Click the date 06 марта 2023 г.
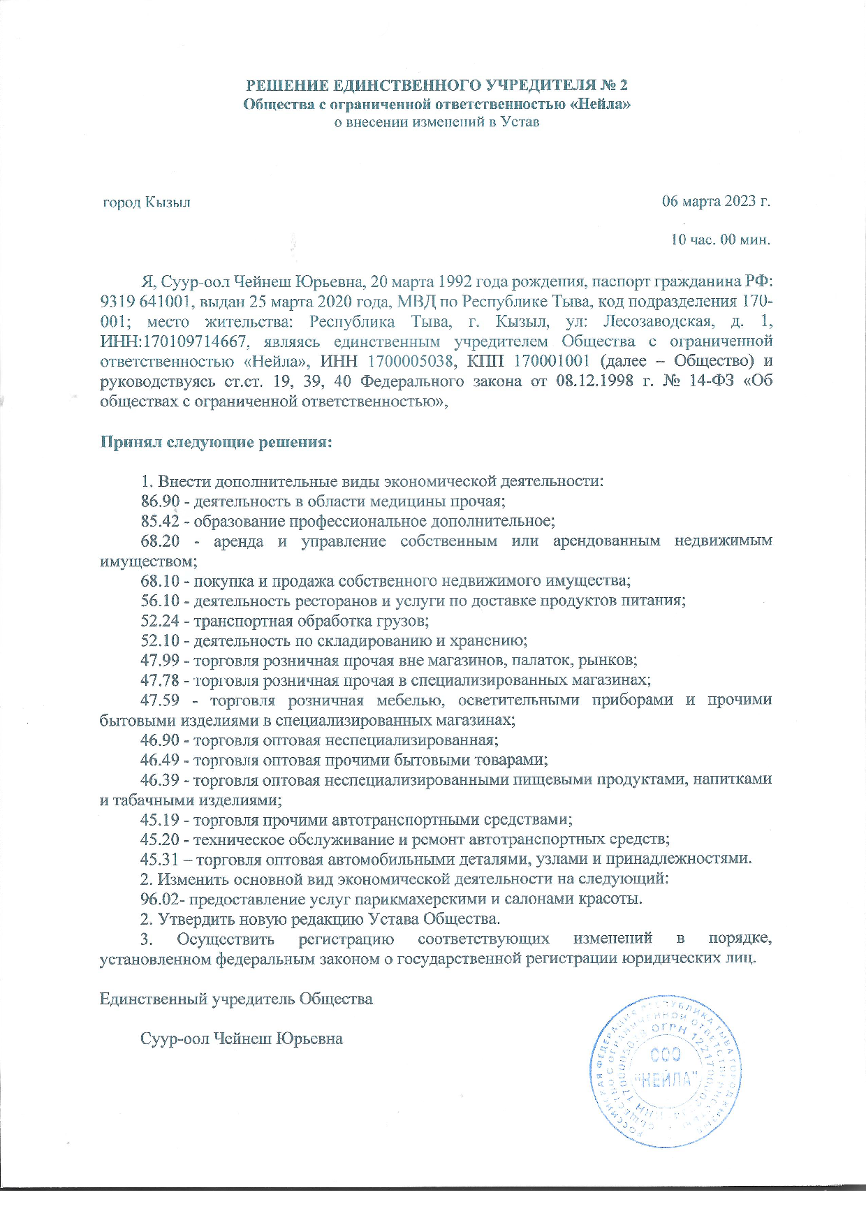point(716,202)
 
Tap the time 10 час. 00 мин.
point(720,240)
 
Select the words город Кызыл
point(147,203)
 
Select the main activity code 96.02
point(160,899)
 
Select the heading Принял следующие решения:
point(215,442)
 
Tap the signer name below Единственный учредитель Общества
point(242,1039)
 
